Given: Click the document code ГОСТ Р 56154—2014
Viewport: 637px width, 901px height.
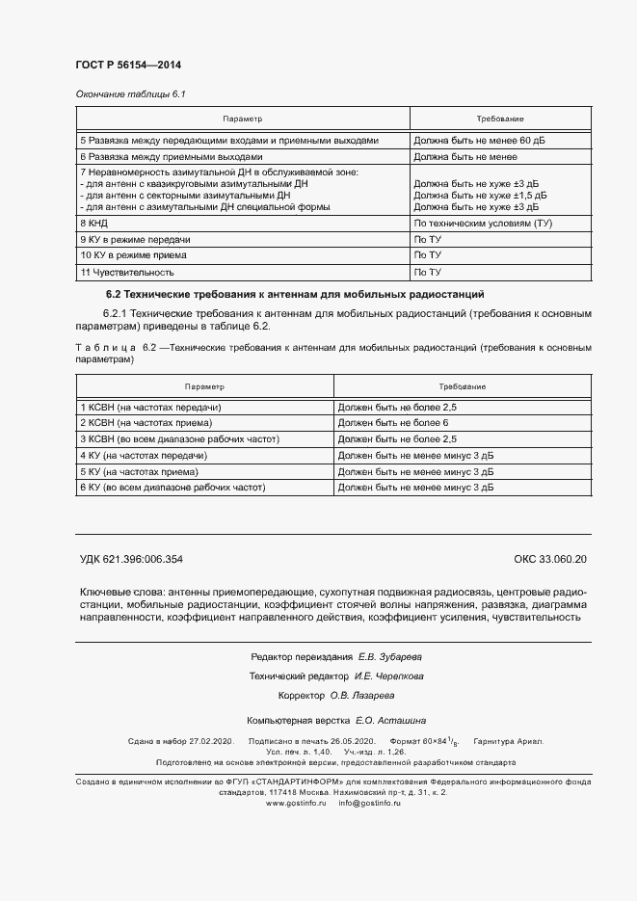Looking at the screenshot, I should coord(128,65).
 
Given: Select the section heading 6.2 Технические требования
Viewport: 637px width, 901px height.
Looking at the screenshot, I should coord(294,294).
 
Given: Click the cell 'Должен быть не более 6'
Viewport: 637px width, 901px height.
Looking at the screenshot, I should coord(394,423).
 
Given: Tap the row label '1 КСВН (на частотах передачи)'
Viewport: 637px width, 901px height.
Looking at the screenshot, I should coord(150,408).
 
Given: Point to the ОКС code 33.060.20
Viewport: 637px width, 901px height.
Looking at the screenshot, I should coord(550,560).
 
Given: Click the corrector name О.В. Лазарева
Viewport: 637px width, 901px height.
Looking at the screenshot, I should coord(375,695).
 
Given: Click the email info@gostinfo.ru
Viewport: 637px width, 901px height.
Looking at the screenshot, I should coord(369,802).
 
